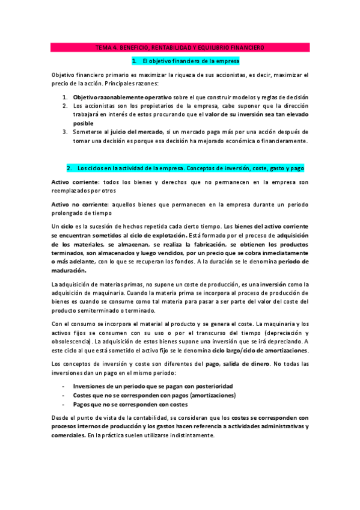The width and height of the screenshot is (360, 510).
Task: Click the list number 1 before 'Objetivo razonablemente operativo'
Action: point(65,97)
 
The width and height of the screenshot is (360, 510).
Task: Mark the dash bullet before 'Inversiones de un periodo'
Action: point(64,386)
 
